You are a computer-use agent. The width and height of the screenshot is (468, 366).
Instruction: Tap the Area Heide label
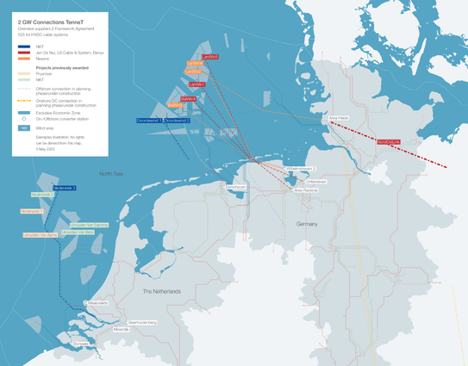click(x=339, y=119)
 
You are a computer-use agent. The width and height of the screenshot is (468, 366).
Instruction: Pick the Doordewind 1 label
click(x=148, y=121)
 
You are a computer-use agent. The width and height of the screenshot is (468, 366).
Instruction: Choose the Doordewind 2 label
click(x=177, y=121)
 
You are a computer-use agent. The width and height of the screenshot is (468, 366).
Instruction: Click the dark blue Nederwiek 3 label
click(x=65, y=188)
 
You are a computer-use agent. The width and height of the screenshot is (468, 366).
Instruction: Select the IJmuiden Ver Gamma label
click(x=89, y=224)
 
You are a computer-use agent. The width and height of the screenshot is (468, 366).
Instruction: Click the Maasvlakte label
click(x=97, y=303)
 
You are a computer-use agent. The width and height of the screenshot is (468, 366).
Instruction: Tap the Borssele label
click(x=82, y=342)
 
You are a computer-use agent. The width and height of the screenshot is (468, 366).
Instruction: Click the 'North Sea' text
click(x=110, y=174)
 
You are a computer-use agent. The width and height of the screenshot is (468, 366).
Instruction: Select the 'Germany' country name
click(x=307, y=223)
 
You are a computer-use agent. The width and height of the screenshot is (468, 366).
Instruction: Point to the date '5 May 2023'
click(x=47, y=150)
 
